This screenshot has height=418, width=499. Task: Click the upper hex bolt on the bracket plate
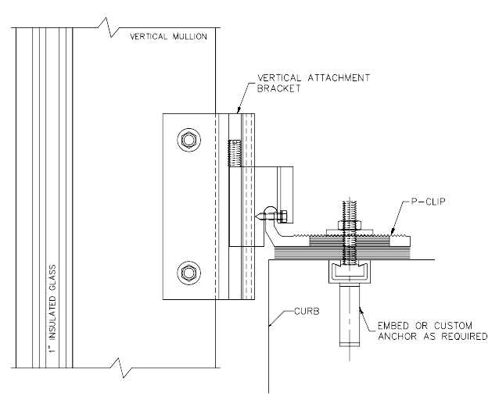click(x=188, y=141)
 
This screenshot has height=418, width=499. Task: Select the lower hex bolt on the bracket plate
click(x=188, y=273)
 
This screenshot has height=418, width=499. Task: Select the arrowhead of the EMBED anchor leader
click(x=360, y=307)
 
